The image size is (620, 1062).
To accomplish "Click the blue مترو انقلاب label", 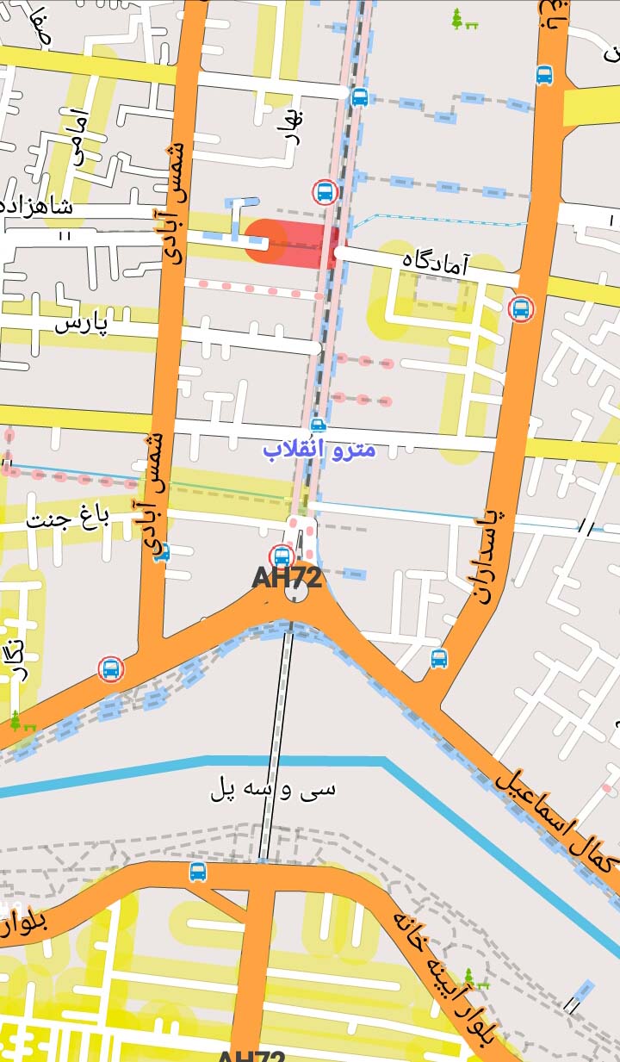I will (x=319, y=450).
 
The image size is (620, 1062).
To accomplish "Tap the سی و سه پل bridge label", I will (x=273, y=789).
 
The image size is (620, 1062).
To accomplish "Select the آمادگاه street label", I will (x=436, y=261).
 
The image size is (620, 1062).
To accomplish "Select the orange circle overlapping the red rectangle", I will (x=265, y=239).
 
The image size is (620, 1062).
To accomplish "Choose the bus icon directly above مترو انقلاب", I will (x=318, y=425).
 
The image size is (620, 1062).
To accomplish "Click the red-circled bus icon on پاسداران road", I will (x=520, y=307).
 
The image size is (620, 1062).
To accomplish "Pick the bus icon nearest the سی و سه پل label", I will (x=198, y=872).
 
